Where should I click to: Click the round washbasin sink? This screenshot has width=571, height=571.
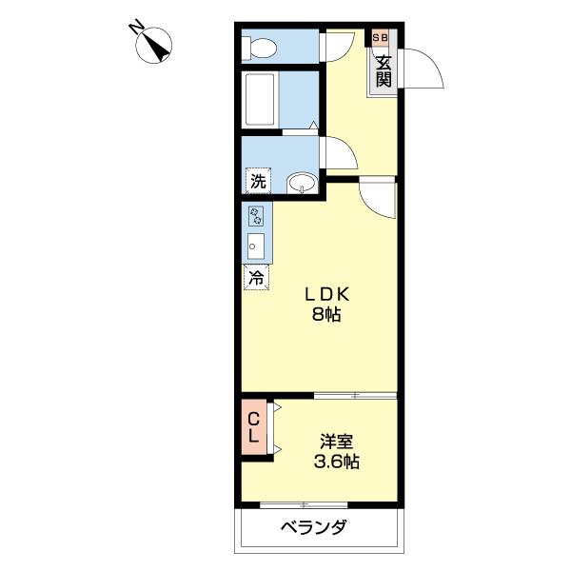click(x=304, y=182)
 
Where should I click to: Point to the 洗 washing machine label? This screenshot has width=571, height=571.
click(x=257, y=181)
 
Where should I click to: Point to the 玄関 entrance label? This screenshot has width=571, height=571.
click(x=383, y=71)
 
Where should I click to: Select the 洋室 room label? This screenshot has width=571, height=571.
click(x=338, y=442)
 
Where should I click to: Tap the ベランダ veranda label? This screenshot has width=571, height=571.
click(x=313, y=529)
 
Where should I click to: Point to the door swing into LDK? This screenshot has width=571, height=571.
click(x=380, y=196)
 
